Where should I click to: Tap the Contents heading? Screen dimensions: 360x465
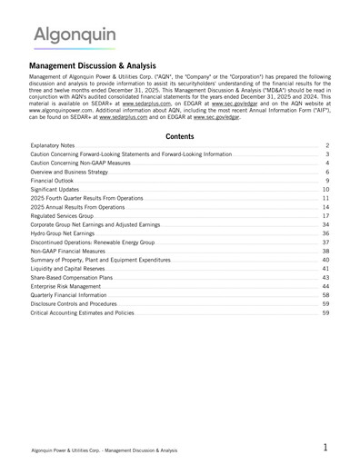179,135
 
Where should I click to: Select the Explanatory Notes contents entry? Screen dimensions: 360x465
53,145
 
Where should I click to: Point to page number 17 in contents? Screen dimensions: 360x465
325,216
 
